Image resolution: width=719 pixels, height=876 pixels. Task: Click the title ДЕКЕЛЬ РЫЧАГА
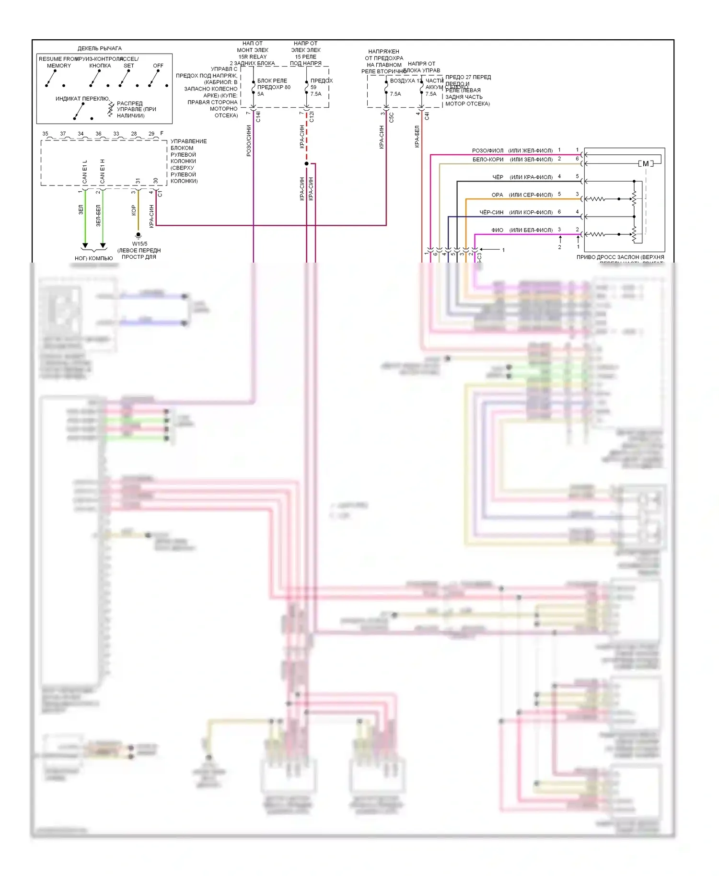point(99,48)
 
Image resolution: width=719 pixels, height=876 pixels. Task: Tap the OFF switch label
point(158,66)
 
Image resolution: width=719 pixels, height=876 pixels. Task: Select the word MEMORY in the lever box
point(59,66)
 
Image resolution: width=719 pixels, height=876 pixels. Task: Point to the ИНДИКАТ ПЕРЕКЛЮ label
point(82,99)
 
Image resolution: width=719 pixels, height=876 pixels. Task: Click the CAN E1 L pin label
point(85,172)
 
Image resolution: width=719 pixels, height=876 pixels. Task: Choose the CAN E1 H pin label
point(102,172)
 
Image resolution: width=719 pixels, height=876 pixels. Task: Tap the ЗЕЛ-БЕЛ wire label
point(98,216)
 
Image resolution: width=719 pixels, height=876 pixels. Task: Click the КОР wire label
point(134,210)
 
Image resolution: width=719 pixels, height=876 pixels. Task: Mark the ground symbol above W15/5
point(139,235)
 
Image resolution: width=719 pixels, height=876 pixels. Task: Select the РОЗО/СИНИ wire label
point(249,141)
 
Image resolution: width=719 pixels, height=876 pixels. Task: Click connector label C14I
point(258,116)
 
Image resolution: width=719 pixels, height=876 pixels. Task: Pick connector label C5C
point(392,117)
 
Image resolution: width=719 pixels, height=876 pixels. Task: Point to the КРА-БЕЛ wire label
point(417,137)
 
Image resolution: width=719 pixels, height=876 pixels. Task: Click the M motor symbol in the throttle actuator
point(646,164)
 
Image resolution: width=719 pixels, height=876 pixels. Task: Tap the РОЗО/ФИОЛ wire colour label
point(487,150)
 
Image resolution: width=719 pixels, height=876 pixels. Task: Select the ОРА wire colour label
point(497,195)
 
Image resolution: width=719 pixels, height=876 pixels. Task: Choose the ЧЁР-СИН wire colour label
point(491,212)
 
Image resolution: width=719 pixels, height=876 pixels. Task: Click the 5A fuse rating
point(261,94)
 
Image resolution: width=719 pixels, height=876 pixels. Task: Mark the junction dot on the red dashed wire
point(307,164)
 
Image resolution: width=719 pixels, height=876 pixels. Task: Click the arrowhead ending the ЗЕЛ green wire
point(85,246)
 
